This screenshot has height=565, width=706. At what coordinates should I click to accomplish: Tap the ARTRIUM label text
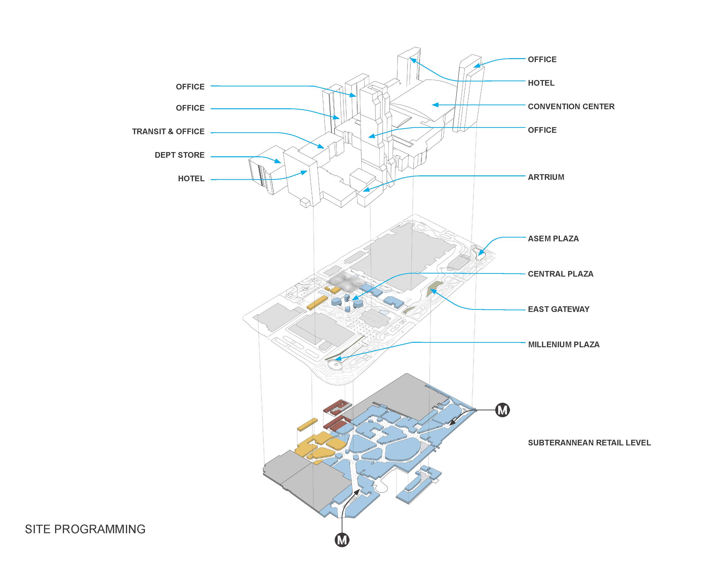pyautogui.click(x=546, y=177)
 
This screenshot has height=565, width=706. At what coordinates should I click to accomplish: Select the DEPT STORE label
pyautogui.click(x=180, y=155)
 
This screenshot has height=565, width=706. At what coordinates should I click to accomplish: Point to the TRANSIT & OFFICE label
pyautogui.click(x=168, y=131)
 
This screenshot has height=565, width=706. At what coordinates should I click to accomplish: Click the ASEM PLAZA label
pyautogui.click(x=553, y=238)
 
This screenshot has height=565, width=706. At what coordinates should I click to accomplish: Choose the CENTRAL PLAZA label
pyautogui.click(x=560, y=274)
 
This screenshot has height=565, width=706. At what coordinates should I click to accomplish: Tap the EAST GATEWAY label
pyautogui.click(x=558, y=309)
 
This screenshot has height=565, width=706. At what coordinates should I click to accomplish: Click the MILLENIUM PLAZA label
pyautogui.click(x=564, y=345)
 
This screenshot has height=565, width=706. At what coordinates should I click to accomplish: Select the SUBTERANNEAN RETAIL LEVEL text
pyautogui.click(x=589, y=443)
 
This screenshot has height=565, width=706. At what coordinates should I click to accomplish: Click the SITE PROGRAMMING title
pyautogui.click(x=85, y=529)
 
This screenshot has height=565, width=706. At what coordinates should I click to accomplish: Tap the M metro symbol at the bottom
pyautogui.click(x=342, y=540)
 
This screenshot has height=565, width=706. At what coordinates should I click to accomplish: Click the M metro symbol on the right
pyautogui.click(x=502, y=410)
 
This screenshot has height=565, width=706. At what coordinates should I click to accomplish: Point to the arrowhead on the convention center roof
pyautogui.click(x=435, y=105)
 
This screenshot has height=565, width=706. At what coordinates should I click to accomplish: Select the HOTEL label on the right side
pyautogui.click(x=541, y=83)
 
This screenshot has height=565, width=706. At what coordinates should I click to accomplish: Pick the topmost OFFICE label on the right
pyautogui.click(x=542, y=59)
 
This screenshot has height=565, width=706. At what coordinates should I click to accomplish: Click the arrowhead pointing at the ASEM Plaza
pyautogui.click(x=480, y=253)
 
